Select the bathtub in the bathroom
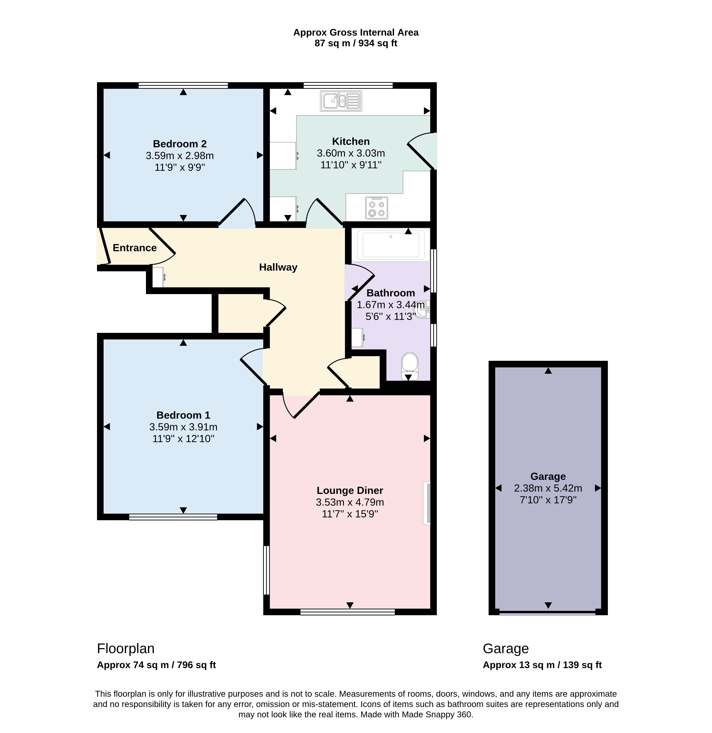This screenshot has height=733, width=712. [x=391, y=245]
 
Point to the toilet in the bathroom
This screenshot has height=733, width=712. [x=410, y=366]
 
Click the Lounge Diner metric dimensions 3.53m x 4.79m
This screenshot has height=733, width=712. [x=350, y=502]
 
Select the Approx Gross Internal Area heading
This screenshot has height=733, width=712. [x=356, y=33]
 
